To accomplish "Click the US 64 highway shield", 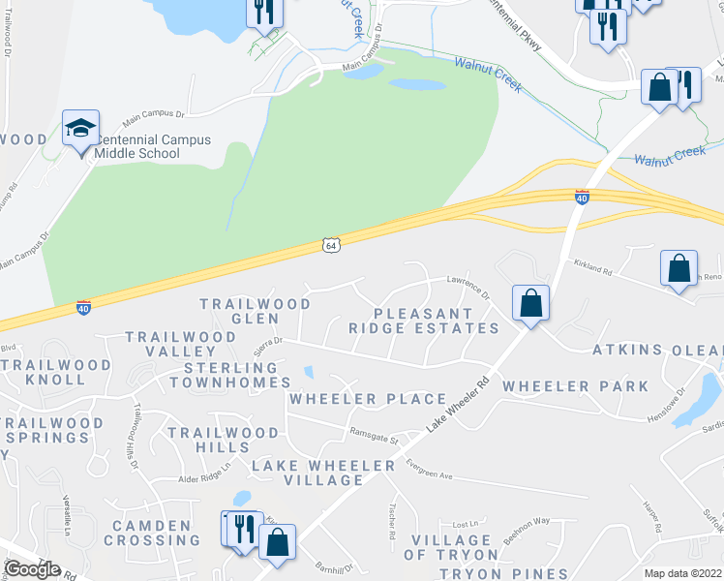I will [331, 247].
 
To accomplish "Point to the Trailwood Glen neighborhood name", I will [256, 311].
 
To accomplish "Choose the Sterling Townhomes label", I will [224, 376].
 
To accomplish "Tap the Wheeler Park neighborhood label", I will [575, 386].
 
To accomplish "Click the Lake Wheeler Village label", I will [323, 474].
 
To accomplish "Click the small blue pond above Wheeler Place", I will [308, 371].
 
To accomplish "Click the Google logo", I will [32, 569].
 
